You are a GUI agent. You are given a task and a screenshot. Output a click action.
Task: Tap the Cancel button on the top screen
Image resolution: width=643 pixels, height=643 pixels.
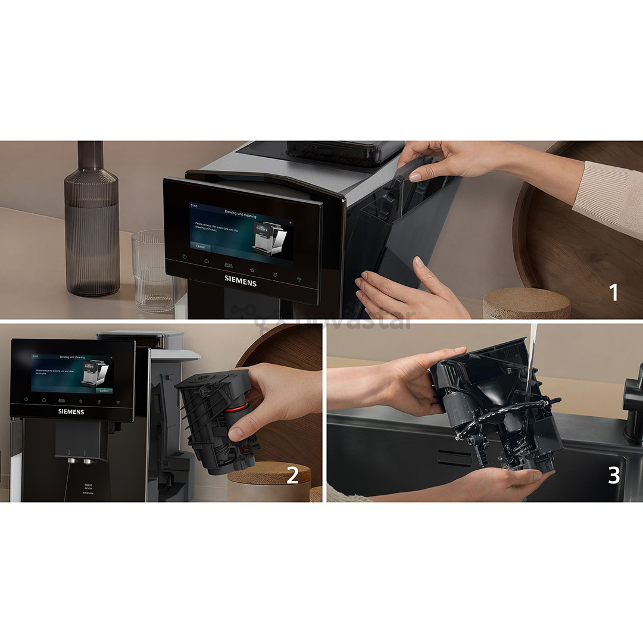[200, 246]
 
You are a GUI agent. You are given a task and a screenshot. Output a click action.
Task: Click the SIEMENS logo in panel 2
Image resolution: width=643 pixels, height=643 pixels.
[71, 411]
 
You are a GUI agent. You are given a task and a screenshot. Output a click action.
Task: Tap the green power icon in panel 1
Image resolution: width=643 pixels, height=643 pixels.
[185, 257]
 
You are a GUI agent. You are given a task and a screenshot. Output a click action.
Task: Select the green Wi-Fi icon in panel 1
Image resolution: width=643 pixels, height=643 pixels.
[299, 279]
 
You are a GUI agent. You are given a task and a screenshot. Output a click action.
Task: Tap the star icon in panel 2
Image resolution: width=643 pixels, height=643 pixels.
[80, 401]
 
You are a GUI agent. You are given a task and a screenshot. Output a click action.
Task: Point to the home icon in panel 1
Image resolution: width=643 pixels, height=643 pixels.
[207, 261]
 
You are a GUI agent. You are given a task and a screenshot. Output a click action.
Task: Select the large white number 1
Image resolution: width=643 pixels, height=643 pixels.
[613, 292]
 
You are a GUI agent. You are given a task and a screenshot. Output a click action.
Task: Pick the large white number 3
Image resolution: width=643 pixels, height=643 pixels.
[614, 476]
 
